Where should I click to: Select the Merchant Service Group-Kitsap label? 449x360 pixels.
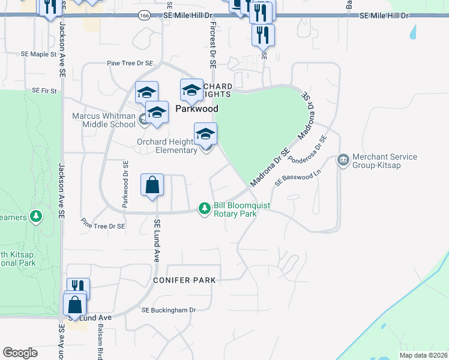(x=385, y=161)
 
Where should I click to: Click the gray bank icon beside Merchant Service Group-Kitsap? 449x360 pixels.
(x=343, y=160)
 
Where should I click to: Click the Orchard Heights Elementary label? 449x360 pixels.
(x=167, y=146)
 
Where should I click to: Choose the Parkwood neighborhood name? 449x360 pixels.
(x=196, y=109)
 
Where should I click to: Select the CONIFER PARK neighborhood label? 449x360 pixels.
(x=184, y=280)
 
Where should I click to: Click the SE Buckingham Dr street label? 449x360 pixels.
(x=169, y=310)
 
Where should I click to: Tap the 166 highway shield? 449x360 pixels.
(x=143, y=15)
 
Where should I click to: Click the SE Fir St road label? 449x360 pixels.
(x=44, y=91)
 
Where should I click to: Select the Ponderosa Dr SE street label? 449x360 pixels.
(x=307, y=150)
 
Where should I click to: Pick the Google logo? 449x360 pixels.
(x=20, y=353)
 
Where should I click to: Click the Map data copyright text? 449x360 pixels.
(x=423, y=355)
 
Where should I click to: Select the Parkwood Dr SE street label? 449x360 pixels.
(x=125, y=184)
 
